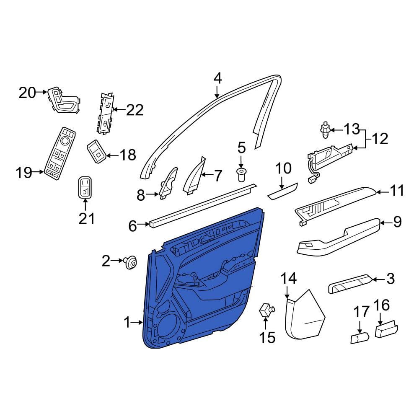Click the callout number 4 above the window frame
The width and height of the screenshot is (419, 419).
(x=218, y=79)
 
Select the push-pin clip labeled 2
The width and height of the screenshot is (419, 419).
(x=130, y=262)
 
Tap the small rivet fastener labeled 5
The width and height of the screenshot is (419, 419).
(x=241, y=175)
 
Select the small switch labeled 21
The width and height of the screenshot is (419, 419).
(x=85, y=188)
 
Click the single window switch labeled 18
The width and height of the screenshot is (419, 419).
(x=96, y=151)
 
